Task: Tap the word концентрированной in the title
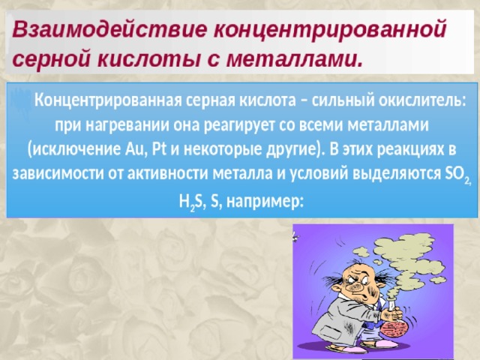click(x=330, y=31)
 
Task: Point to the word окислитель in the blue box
click(x=422, y=100)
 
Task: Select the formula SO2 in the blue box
click(x=456, y=175)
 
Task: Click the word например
click(x=265, y=202)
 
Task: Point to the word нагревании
click(x=127, y=126)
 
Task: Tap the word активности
click(x=168, y=174)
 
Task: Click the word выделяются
click(x=396, y=174)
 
